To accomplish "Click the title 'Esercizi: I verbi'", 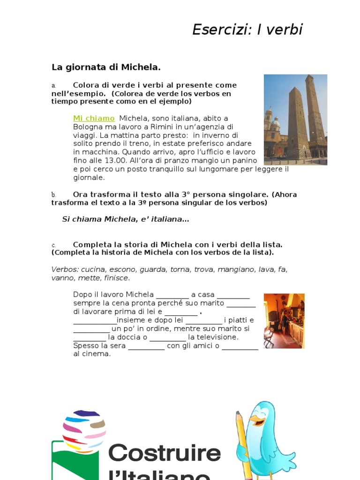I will (247, 30).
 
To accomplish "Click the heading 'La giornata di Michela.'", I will (106, 67).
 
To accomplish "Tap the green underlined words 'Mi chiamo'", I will (94, 119).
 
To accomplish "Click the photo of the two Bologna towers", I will (295, 120).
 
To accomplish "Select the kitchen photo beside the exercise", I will (284, 321).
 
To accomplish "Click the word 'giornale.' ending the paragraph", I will (89, 178).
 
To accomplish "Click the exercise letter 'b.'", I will (54, 195).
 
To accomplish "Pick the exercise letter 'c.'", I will (54, 245).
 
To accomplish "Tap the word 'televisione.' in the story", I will (213, 337).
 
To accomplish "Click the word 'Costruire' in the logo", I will (165, 453).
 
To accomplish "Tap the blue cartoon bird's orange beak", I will (256, 419).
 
